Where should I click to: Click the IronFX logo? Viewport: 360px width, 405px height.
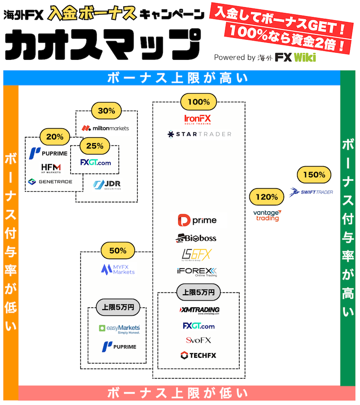(x=198, y=119)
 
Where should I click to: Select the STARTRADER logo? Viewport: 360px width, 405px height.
(x=199, y=134)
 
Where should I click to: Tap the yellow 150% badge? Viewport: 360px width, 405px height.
(x=314, y=175)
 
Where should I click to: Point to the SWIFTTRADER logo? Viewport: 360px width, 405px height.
(x=311, y=192)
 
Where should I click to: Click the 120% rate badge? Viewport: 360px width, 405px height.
(x=267, y=197)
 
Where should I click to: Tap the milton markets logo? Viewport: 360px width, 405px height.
(x=105, y=128)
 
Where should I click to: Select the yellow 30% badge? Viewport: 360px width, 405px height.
(x=106, y=110)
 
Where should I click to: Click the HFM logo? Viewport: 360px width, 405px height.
(x=51, y=168)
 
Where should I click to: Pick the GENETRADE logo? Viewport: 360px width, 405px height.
(x=49, y=182)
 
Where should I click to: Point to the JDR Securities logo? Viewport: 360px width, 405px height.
(x=107, y=185)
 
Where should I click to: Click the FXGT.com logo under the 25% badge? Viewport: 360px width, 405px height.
(x=95, y=162)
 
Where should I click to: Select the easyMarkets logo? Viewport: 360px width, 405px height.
(x=119, y=329)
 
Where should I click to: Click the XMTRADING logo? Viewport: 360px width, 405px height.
(x=199, y=310)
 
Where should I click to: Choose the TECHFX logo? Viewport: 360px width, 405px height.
(x=198, y=355)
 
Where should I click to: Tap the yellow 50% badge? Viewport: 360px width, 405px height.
(x=118, y=250)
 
